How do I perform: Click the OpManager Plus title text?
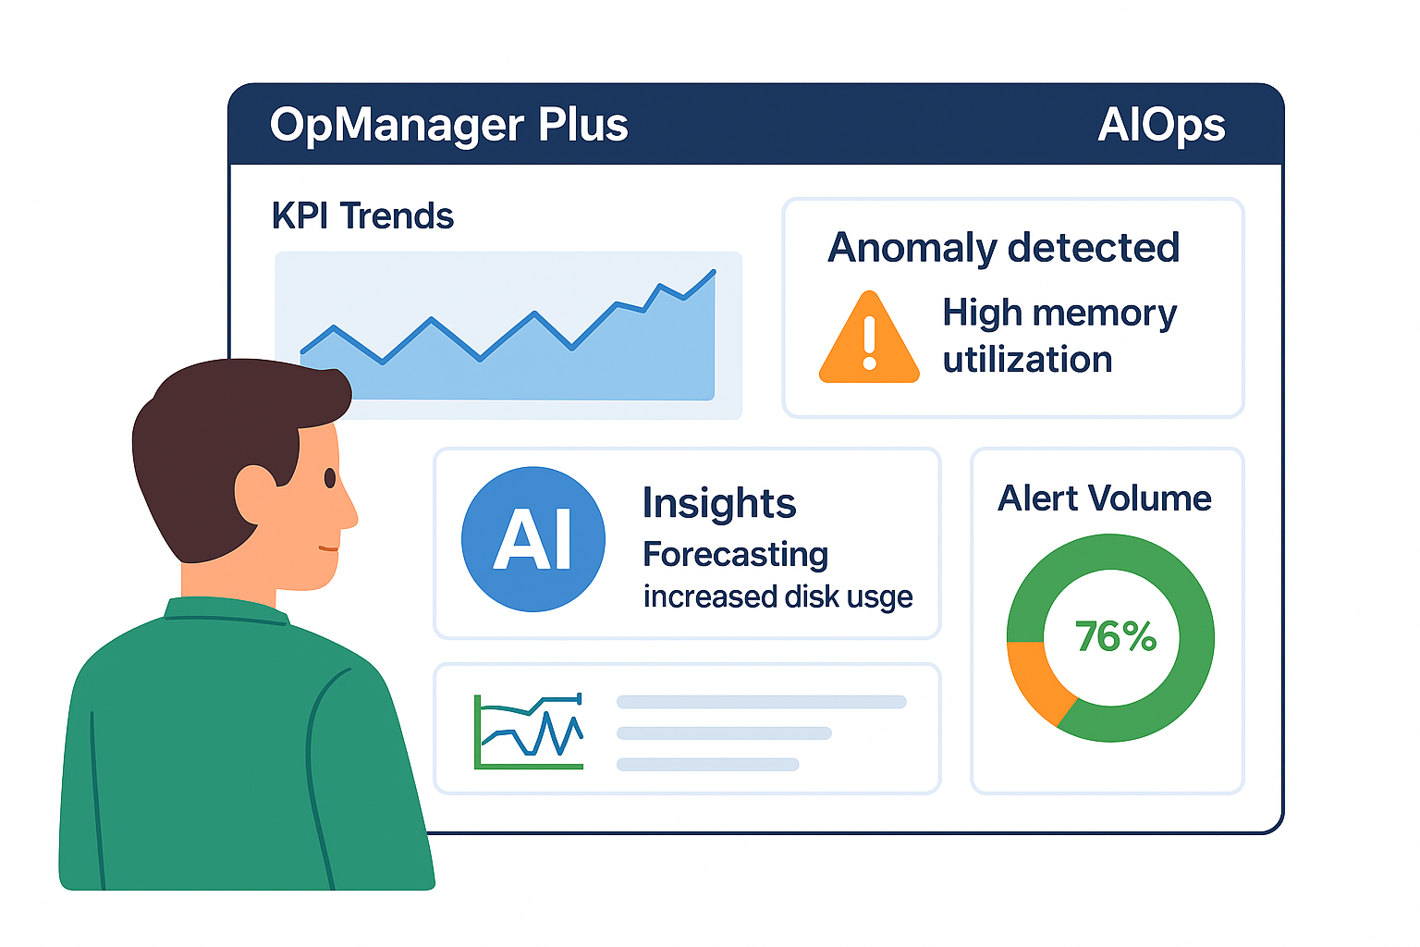tap(448, 125)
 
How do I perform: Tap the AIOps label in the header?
tap(1161, 125)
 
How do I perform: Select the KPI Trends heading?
tap(362, 216)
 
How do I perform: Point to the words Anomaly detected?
tap(1003, 248)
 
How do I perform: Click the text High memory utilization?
tap(1059, 337)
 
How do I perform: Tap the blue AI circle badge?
tap(533, 539)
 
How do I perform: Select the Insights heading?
tap(718, 504)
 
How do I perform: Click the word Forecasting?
tap(735, 555)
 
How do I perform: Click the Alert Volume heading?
tap(1105, 498)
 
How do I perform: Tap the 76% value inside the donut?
tap(1115, 637)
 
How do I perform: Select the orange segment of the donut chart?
tap(1034, 681)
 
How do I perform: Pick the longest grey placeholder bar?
tap(761, 702)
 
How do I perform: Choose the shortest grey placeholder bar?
tap(707, 764)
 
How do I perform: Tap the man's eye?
tap(329, 478)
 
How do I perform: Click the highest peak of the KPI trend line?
tap(714, 271)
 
